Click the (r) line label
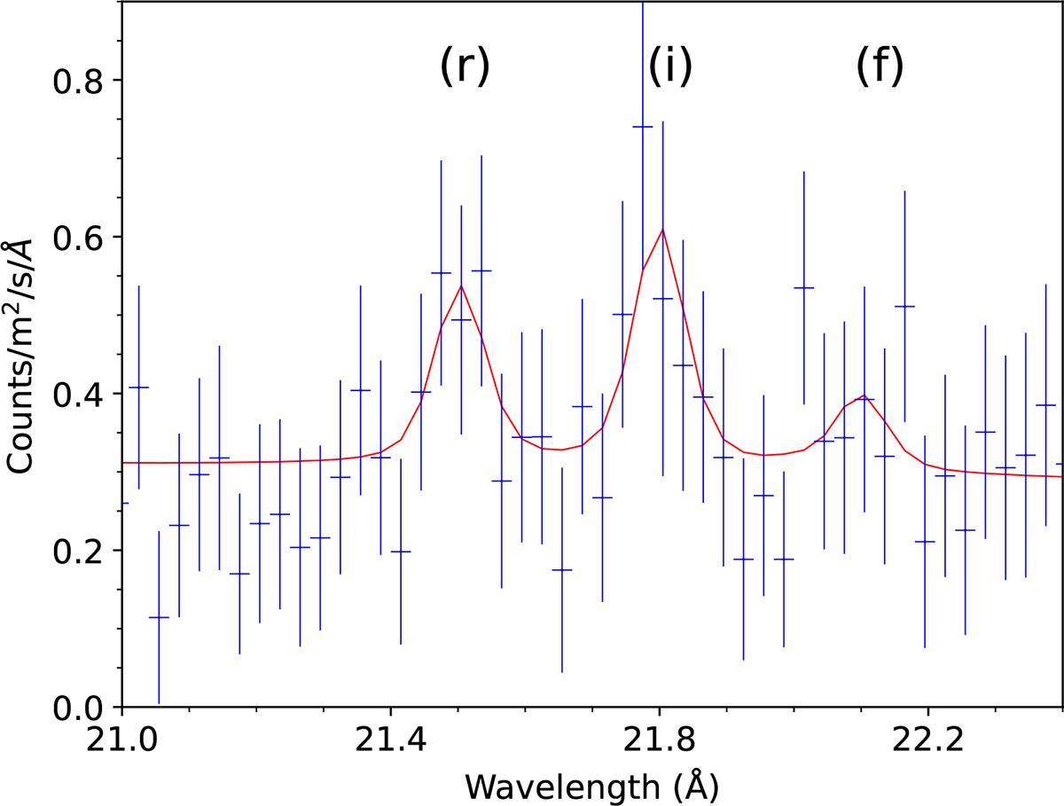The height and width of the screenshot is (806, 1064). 465,68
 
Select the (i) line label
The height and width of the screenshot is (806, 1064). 669,68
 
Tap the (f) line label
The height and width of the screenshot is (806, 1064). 880,68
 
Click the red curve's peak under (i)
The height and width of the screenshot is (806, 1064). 661,229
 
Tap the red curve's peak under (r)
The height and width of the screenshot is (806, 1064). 461,285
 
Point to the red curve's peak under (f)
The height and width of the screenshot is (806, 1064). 863,395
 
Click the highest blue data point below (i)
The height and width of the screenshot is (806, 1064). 643,127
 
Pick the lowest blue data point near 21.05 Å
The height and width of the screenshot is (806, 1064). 159,617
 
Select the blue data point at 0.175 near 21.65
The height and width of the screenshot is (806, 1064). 562,570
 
